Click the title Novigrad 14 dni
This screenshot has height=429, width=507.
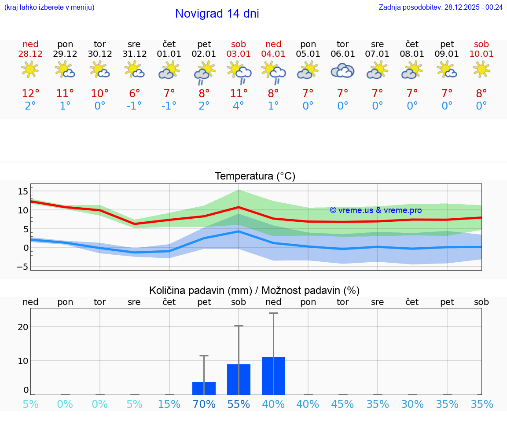pyautogui.click(x=217, y=14)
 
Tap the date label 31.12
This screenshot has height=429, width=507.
pyautogui.click(x=134, y=54)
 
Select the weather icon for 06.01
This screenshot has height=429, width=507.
pyautogui.click(x=342, y=70)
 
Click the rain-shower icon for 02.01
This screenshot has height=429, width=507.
pyautogui.click(x=204, y=73)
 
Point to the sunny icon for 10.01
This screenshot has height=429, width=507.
pyautogui.click(x=481, y=70)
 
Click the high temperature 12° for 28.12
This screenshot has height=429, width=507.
pyautogui.click(x=30, y=94)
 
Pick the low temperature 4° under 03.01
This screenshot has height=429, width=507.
pyautogui.click(x=239, y=106)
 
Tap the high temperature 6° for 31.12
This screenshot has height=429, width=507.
pyautogui.click(x=134, y=94)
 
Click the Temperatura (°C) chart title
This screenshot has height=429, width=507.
pyautogui.click(x=255, y=176)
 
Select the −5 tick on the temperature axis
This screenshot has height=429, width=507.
pyautogui.click(x=22, y=267)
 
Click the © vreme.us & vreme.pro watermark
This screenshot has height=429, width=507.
pyautogui.click(x=375, y=210)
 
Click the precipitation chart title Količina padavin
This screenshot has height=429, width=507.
pyautogui.click(x=254, y=290)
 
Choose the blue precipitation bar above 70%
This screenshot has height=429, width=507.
pyautogui.click(x=204, y=388)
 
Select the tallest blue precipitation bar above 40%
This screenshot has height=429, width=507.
pyautogui.click(x=273, y=376)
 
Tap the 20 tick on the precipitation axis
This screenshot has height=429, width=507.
pyautogui.click(x=23, y=327)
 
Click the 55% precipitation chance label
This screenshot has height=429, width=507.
pyautogui.click(x=239, y=404)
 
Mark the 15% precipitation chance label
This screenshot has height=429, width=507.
pyautogui.click(x=169, y=404)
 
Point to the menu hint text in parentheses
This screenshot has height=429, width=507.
pyautogui.click(x=49, y=7)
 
